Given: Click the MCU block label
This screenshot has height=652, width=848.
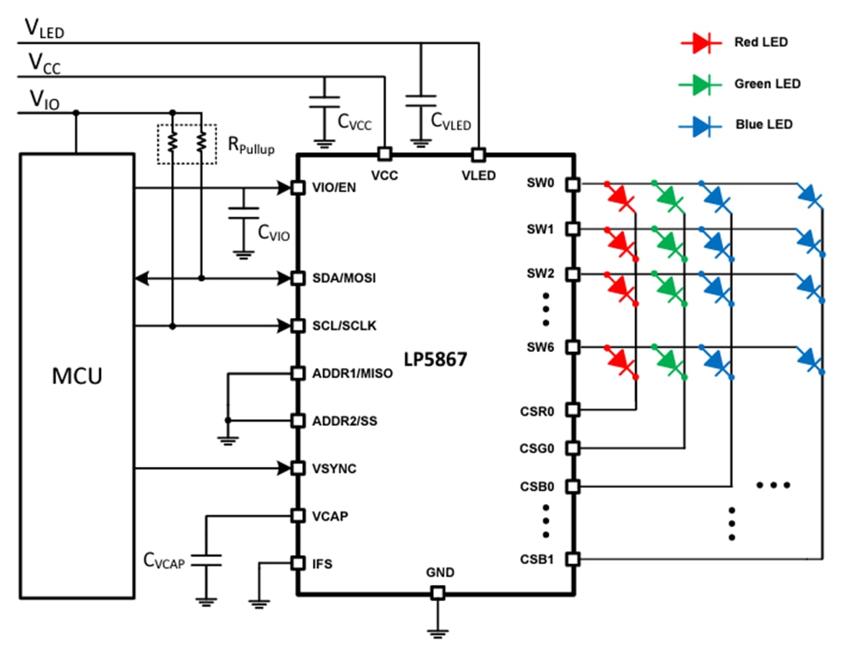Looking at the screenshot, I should [x=77, y=377].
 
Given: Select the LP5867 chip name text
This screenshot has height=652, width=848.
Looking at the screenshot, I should [x=436, y=359].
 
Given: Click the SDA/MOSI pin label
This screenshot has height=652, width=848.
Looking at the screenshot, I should [x=344, y=278].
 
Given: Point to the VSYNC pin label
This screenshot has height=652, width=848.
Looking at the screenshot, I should [x=334, y=468].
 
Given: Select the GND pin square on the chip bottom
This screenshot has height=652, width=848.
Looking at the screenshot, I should [x=438, y=593].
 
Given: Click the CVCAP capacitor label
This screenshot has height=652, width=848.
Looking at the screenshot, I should [x=164, y=562].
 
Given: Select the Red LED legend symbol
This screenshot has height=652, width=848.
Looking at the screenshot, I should [x=700, y=43].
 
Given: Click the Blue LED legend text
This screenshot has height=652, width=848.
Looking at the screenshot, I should [x=763, y=124].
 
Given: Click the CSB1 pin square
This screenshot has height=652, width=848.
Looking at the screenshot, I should [x=572, y=559].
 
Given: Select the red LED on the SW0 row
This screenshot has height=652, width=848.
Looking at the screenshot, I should [x=621, y=197].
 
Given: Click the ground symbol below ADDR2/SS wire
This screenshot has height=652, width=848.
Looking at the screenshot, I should [x=227, y=439].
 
